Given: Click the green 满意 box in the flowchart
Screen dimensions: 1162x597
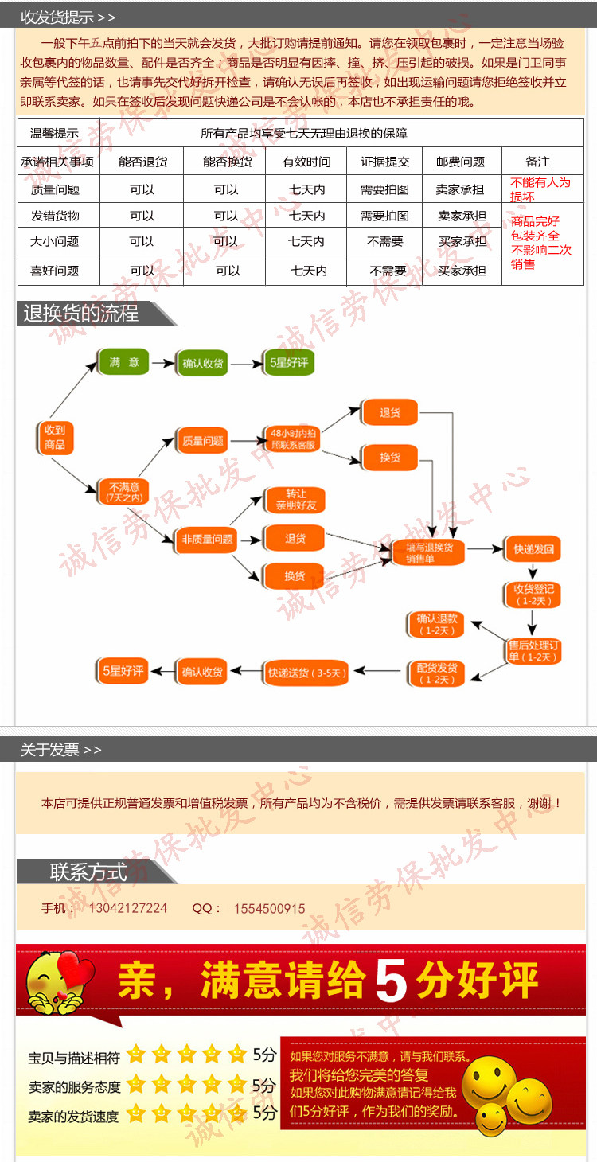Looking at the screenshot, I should [x=123, y=362].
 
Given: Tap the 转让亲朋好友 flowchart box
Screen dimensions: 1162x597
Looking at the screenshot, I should [x=295, y=500].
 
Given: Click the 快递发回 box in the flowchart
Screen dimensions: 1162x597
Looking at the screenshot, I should [x=533, y=549].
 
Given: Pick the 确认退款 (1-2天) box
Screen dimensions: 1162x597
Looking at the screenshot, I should [x=437, y=624].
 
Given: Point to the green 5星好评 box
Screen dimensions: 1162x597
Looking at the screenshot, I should [x=289, y=363].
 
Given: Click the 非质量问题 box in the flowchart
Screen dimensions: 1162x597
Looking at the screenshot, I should [x=207, y=540].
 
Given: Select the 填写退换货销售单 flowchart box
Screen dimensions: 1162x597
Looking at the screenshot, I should [x=429, y=552].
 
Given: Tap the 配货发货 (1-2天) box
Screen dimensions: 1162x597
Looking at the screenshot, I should [x=437, y=673].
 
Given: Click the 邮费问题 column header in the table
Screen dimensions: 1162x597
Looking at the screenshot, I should [x=460, y=162].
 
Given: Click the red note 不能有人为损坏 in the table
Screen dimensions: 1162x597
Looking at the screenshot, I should [x=540, y=189].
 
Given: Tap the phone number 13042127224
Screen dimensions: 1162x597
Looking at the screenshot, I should [x=127, y=908].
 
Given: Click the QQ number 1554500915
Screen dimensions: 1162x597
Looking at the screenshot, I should [x=269, y=908].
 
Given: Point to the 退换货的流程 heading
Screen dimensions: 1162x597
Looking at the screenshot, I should [x=80, y=314].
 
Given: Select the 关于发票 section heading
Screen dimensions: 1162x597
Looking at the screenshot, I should [x=60, y=750].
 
